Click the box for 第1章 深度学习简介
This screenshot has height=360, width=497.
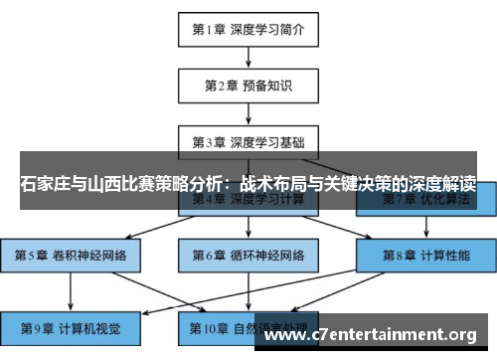pos(248,30)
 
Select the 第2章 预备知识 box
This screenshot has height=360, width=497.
pos(248,86)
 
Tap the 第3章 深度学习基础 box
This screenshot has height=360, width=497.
pos(248,141)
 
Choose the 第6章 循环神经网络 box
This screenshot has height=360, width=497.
pos(248,256)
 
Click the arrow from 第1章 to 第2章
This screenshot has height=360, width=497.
pos(248,57)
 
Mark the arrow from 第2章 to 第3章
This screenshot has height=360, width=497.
pos(248,113)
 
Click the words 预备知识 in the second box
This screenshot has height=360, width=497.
pos(266,86)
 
